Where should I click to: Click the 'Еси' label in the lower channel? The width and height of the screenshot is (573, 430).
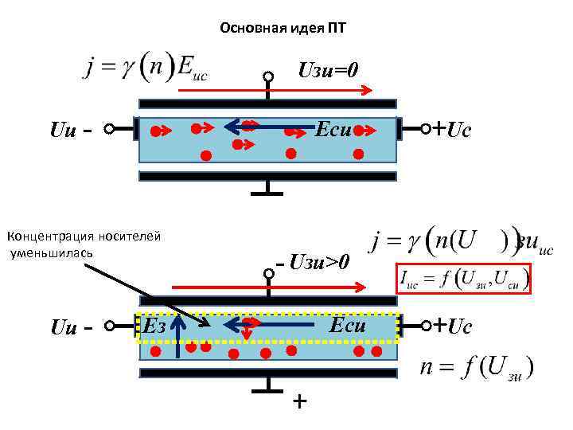click(347, 325)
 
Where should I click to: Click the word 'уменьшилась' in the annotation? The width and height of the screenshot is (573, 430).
click(52, 252)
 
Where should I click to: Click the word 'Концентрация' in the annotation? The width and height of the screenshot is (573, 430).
click(45, 236)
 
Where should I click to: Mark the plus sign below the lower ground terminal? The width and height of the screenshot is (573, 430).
click(298, 401)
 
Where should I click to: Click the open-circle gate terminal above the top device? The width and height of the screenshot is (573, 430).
click(269, 77)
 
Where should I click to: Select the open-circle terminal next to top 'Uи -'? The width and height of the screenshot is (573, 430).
click(111, 128)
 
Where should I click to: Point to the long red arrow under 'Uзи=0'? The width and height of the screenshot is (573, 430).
click(274, 92)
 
